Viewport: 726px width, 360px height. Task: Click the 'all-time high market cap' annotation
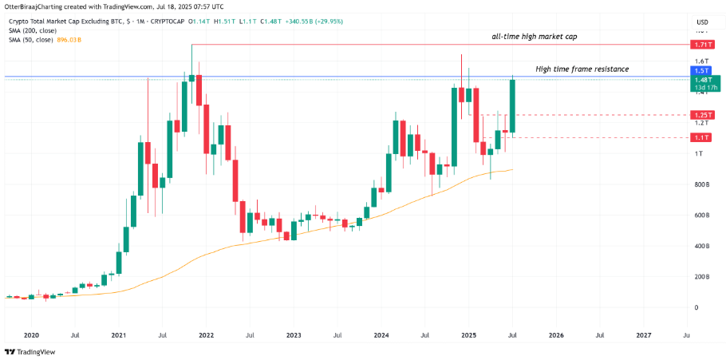534,38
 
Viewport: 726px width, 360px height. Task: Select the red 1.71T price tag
703,45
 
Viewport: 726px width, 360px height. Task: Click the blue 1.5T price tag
703,71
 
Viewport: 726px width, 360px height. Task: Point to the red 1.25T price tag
703,115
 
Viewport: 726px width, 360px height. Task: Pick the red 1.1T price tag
703,137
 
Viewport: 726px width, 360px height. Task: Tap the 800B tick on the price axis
702,184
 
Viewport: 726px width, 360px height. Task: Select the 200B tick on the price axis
702,277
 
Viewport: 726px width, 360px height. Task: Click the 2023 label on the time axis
294,336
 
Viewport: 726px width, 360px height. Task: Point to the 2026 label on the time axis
556,336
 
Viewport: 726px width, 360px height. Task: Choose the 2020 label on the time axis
31,336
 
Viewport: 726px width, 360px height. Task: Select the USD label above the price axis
703,22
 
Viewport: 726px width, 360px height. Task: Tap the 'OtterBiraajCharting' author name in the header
37,7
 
